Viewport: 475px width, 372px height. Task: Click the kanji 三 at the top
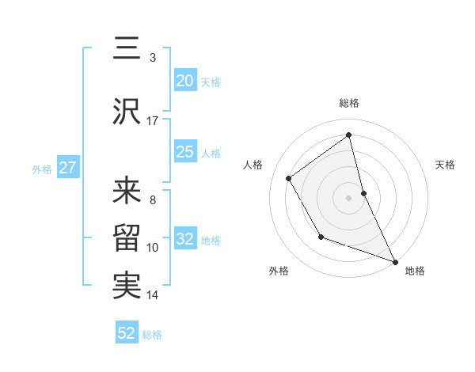127,48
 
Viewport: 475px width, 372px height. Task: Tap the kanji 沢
127,112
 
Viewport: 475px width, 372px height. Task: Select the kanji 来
127,191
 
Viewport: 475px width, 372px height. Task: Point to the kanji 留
127,238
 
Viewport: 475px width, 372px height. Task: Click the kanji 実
127,286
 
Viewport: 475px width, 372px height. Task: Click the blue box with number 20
185,81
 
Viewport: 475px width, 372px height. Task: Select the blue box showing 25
185,152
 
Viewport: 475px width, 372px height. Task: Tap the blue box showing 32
185,239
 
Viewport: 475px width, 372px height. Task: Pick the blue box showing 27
67,168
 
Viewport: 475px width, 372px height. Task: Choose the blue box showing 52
127,333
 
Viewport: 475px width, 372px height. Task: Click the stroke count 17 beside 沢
153,121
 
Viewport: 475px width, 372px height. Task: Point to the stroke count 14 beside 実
153,295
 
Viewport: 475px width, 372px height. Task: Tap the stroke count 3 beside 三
153,58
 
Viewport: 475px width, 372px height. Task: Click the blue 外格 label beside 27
42,169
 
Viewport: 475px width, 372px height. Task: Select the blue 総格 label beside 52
152,334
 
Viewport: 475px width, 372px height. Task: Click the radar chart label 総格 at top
349,104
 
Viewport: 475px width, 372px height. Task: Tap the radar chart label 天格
445,165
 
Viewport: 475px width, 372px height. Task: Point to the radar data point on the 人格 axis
289,178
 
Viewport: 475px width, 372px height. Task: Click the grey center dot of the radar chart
348,198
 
